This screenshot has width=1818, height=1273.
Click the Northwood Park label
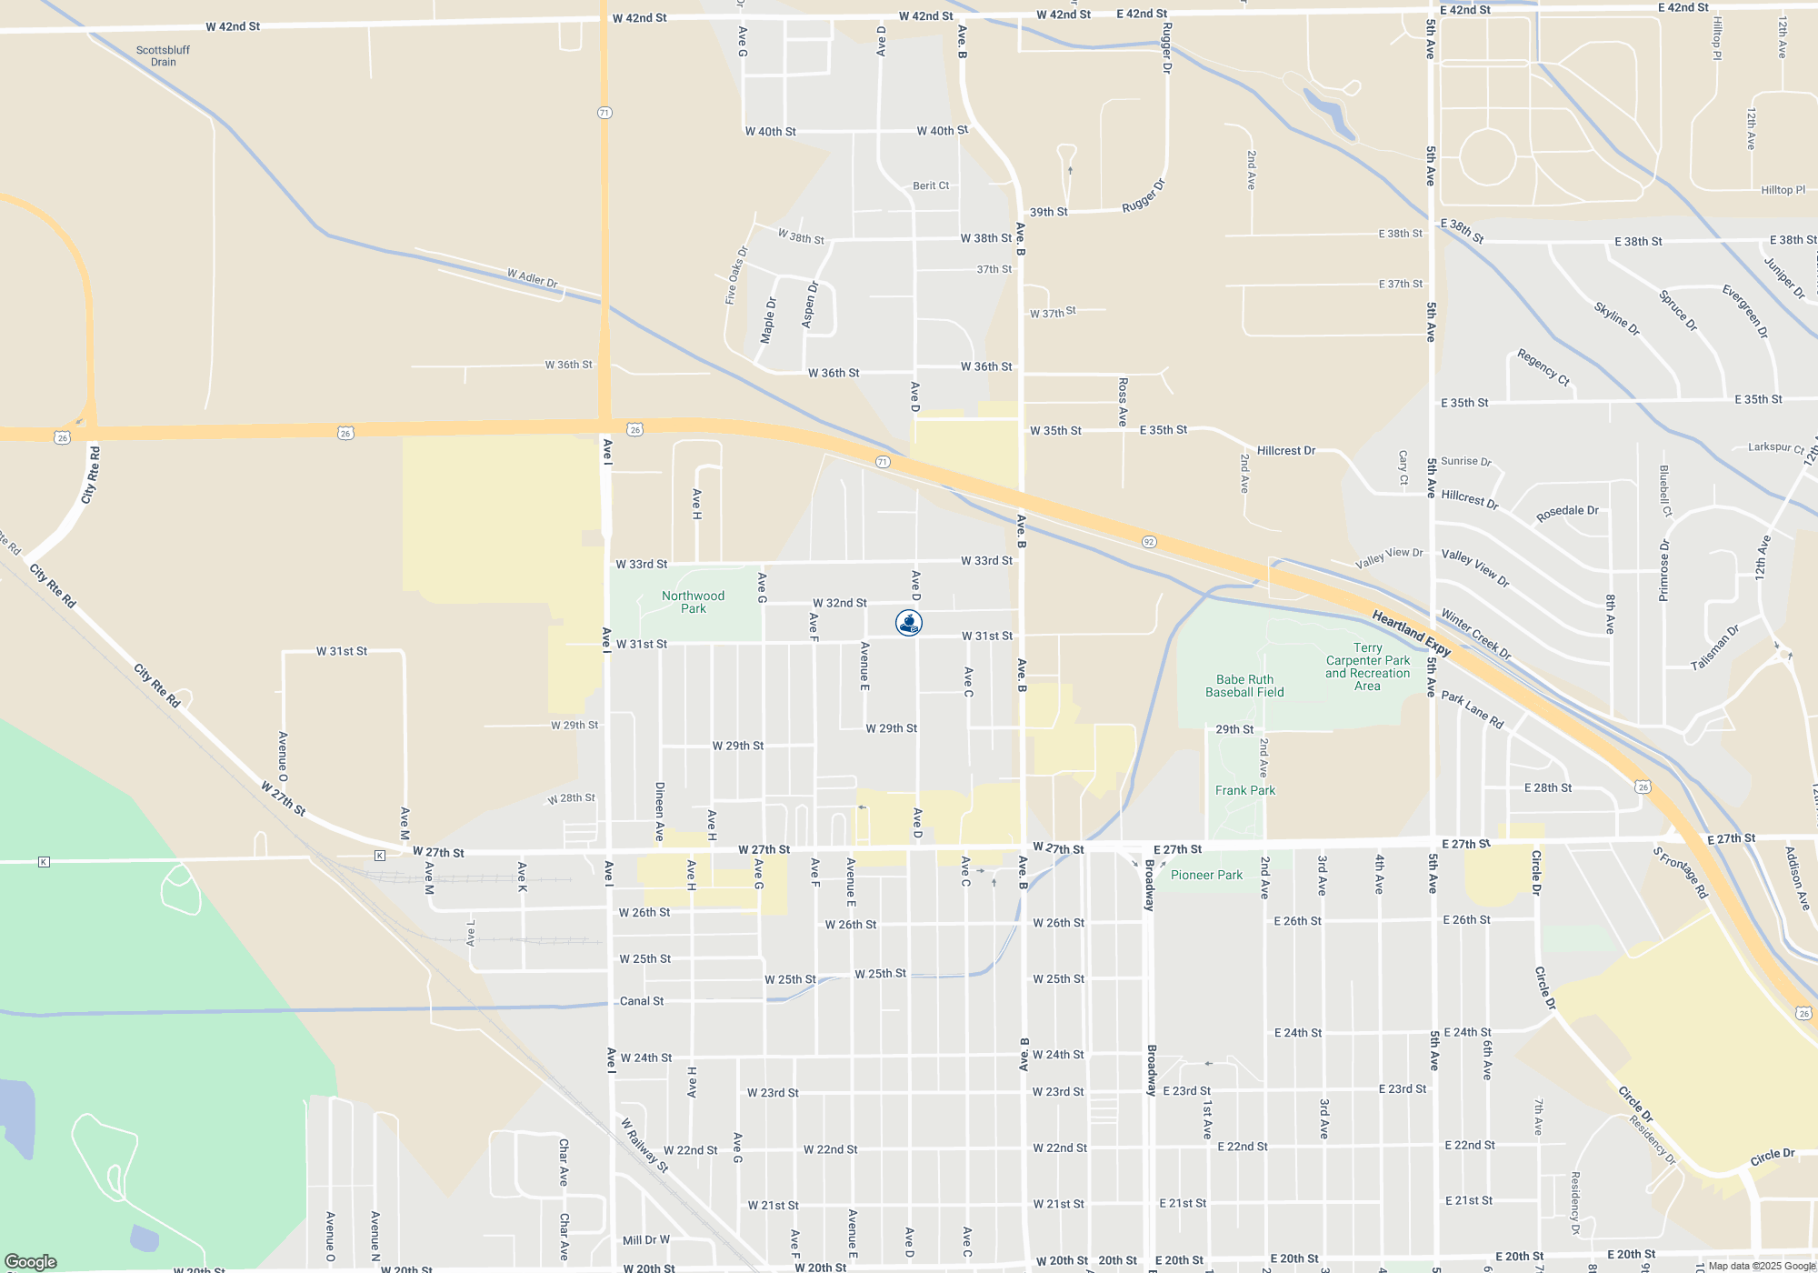pos(693,602)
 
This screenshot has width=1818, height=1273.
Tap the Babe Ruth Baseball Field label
pos(1244,686)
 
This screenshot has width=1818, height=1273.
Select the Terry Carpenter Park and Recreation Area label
pos(1367,667)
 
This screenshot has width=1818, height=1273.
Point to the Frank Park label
pos(1244,790)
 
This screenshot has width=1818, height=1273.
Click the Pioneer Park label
pos(1205,875)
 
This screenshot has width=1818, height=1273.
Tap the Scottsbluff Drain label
pos(163,55)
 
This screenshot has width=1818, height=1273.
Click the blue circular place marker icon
pos(908,622)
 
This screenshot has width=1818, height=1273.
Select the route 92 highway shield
pos(1149,542)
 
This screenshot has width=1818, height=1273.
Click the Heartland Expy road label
pos(1411,633)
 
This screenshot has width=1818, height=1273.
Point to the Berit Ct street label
pos(930,185)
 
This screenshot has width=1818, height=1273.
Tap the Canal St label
pos(641,1001)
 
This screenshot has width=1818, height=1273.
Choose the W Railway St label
pos(644,1145)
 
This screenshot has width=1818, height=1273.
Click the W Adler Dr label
pos(532,278)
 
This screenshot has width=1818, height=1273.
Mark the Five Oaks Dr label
pos(735,275)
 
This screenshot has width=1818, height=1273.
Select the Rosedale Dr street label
pos(1566,513)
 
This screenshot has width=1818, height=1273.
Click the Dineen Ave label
pos(660,811)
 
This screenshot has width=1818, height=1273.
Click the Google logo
pos(30,1261)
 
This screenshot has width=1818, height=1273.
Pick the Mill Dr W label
pos(645,1239)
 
